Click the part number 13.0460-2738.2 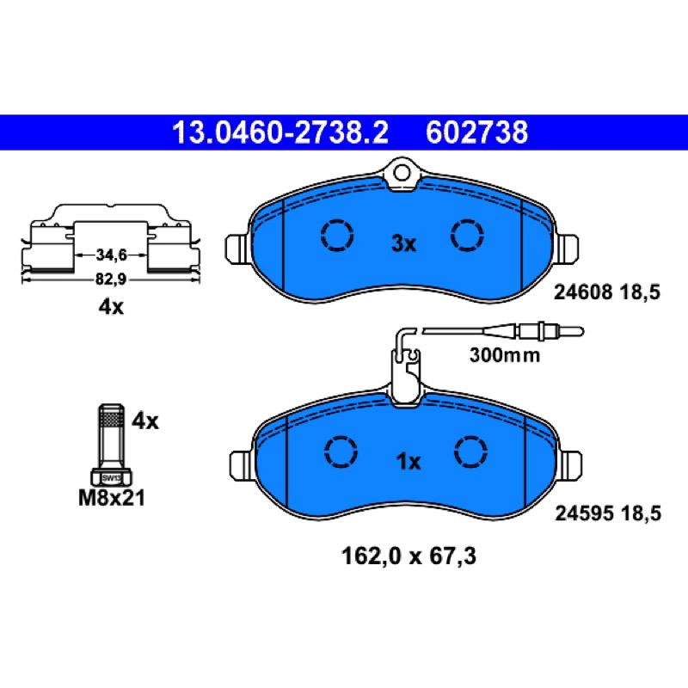(x=280, y=132)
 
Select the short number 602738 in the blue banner (x=476, y=132)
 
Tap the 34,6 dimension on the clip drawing (x=111, y=255)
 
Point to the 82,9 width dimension (x=111, y=279)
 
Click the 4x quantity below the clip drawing (x=111, y=307)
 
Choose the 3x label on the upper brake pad (x=403, y=243)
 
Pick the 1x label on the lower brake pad (x=408, y=462)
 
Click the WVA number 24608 (x=583, y=292)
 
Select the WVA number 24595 (x=584, y=513)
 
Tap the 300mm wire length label (x=505, y=355)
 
